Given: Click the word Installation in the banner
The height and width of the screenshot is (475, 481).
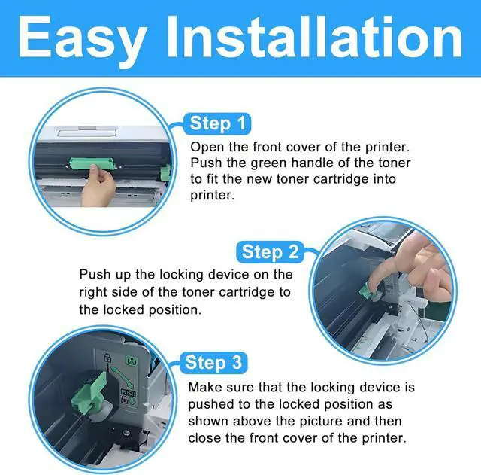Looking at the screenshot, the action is pyautogui.click(x=314, y=37).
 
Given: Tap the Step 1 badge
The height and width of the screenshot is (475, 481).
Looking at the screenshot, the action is pyautogui.click(x=217, y=123).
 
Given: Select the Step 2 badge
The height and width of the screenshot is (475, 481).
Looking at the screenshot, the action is pyautogui.click(x=270, y=252).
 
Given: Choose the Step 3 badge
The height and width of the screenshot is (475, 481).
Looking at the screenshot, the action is pyautogui.click(x=213, y=363).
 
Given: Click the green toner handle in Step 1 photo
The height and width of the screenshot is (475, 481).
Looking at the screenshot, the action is pyautogui.click(x=92, y=164).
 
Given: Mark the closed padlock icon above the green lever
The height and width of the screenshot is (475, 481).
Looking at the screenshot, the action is pyautogui.click(x=107, y=358).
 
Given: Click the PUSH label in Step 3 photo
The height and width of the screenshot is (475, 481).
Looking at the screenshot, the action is pyautogui.click(x=129, y=393).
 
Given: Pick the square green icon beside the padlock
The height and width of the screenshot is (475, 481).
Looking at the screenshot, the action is pyautogui.click(x=132, y=361).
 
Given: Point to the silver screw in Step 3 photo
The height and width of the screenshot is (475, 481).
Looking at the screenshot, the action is pyautogui.click(x=126, y=433).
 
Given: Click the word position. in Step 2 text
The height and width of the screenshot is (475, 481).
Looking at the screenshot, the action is pyautogui.click(x=175, y=310).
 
